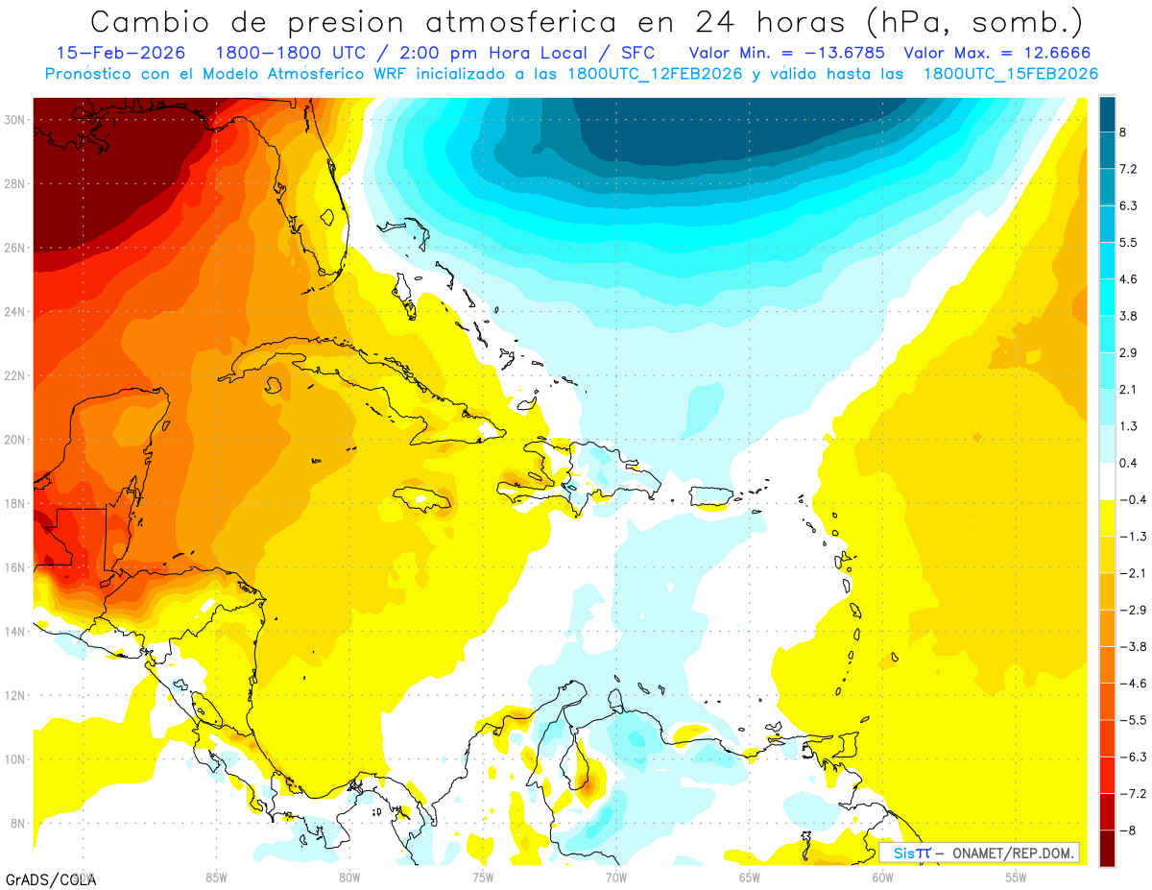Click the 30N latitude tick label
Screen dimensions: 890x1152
14,120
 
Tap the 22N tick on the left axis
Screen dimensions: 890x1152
14,375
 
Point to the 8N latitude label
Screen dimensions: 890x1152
16,823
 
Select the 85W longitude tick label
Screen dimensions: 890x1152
216,877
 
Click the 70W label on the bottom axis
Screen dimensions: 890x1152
615,877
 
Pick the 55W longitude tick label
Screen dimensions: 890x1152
1016,877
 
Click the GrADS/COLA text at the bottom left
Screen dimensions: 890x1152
50,878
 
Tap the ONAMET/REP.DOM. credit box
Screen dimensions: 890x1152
979,853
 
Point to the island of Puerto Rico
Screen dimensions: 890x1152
711,495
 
